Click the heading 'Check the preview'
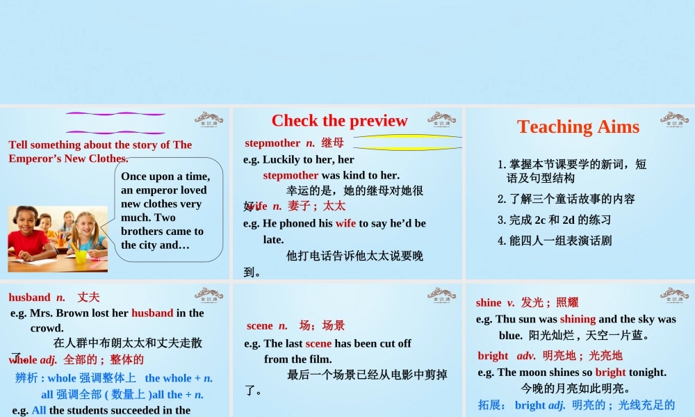click(x=339, y=120)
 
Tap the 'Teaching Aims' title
click(x=578, y=126)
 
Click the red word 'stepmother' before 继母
click(x=272, y=143)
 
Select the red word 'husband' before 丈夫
click(x=29, y=297)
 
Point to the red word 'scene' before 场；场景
click(x=260, y=325)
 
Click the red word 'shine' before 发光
click(x=489, y=302)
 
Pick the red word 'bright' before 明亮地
click(x=493, y=356)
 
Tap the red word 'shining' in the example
click(x=578, y=319)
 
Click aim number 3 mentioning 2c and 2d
click(x=554, y=220)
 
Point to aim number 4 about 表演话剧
click(x=555, y=240)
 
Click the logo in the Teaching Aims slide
click(x=673, y=117)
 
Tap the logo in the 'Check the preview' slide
click(x=441, y=117)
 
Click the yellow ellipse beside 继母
click(x=407, y=142)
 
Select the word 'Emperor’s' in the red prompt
click(x=35, y=158)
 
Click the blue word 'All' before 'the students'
click(x=39, y=410)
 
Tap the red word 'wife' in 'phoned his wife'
click(x=345, y=223)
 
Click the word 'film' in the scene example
click(x=319, y=359)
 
